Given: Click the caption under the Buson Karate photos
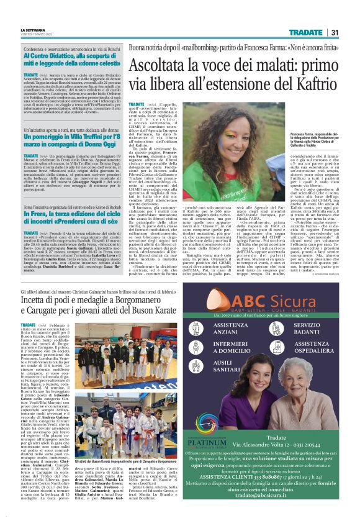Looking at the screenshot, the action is click(x=115, y=462).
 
